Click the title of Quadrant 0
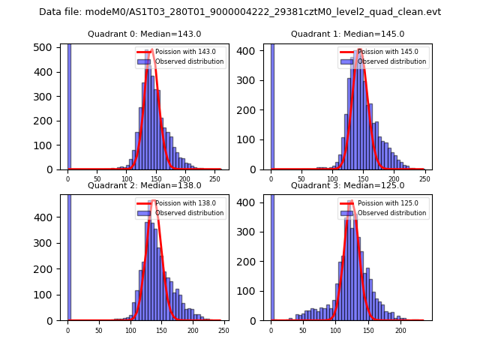click(x=144, y=34)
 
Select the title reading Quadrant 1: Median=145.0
click(x=347, y=34)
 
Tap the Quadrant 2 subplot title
click(x=144, y=185)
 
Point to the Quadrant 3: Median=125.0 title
click(x=347, y=185)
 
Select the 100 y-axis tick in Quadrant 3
click(x=250, y=290)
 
